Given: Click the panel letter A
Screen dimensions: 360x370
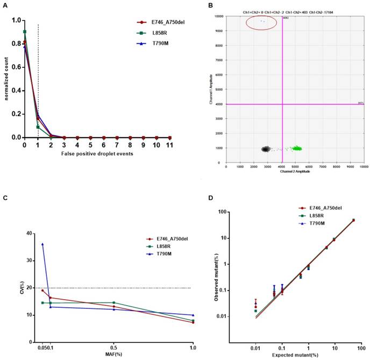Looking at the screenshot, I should point(5,4).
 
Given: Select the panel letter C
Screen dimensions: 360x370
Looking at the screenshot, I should point(5,198).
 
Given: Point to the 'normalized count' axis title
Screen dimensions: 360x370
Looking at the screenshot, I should point(6,79).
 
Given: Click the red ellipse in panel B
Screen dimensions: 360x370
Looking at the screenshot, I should point(262,22).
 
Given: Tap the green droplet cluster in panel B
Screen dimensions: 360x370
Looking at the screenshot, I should point(295,148).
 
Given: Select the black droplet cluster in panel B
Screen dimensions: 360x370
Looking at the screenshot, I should point(266,149).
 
